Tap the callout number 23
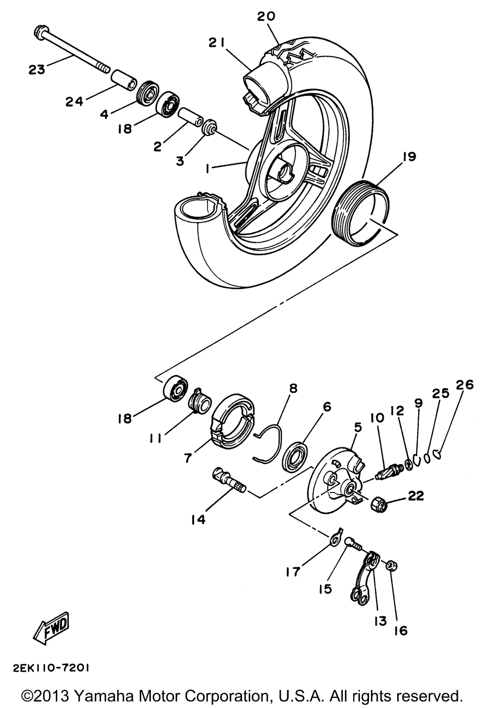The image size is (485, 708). pos(36,69)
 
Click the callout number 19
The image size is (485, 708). pos(408,157)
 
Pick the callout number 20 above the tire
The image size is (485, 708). pos(266,16)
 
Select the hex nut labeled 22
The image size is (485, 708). pos(378,504)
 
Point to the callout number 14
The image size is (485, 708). pos(198,519)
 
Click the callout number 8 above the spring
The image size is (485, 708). pos(292,388)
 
